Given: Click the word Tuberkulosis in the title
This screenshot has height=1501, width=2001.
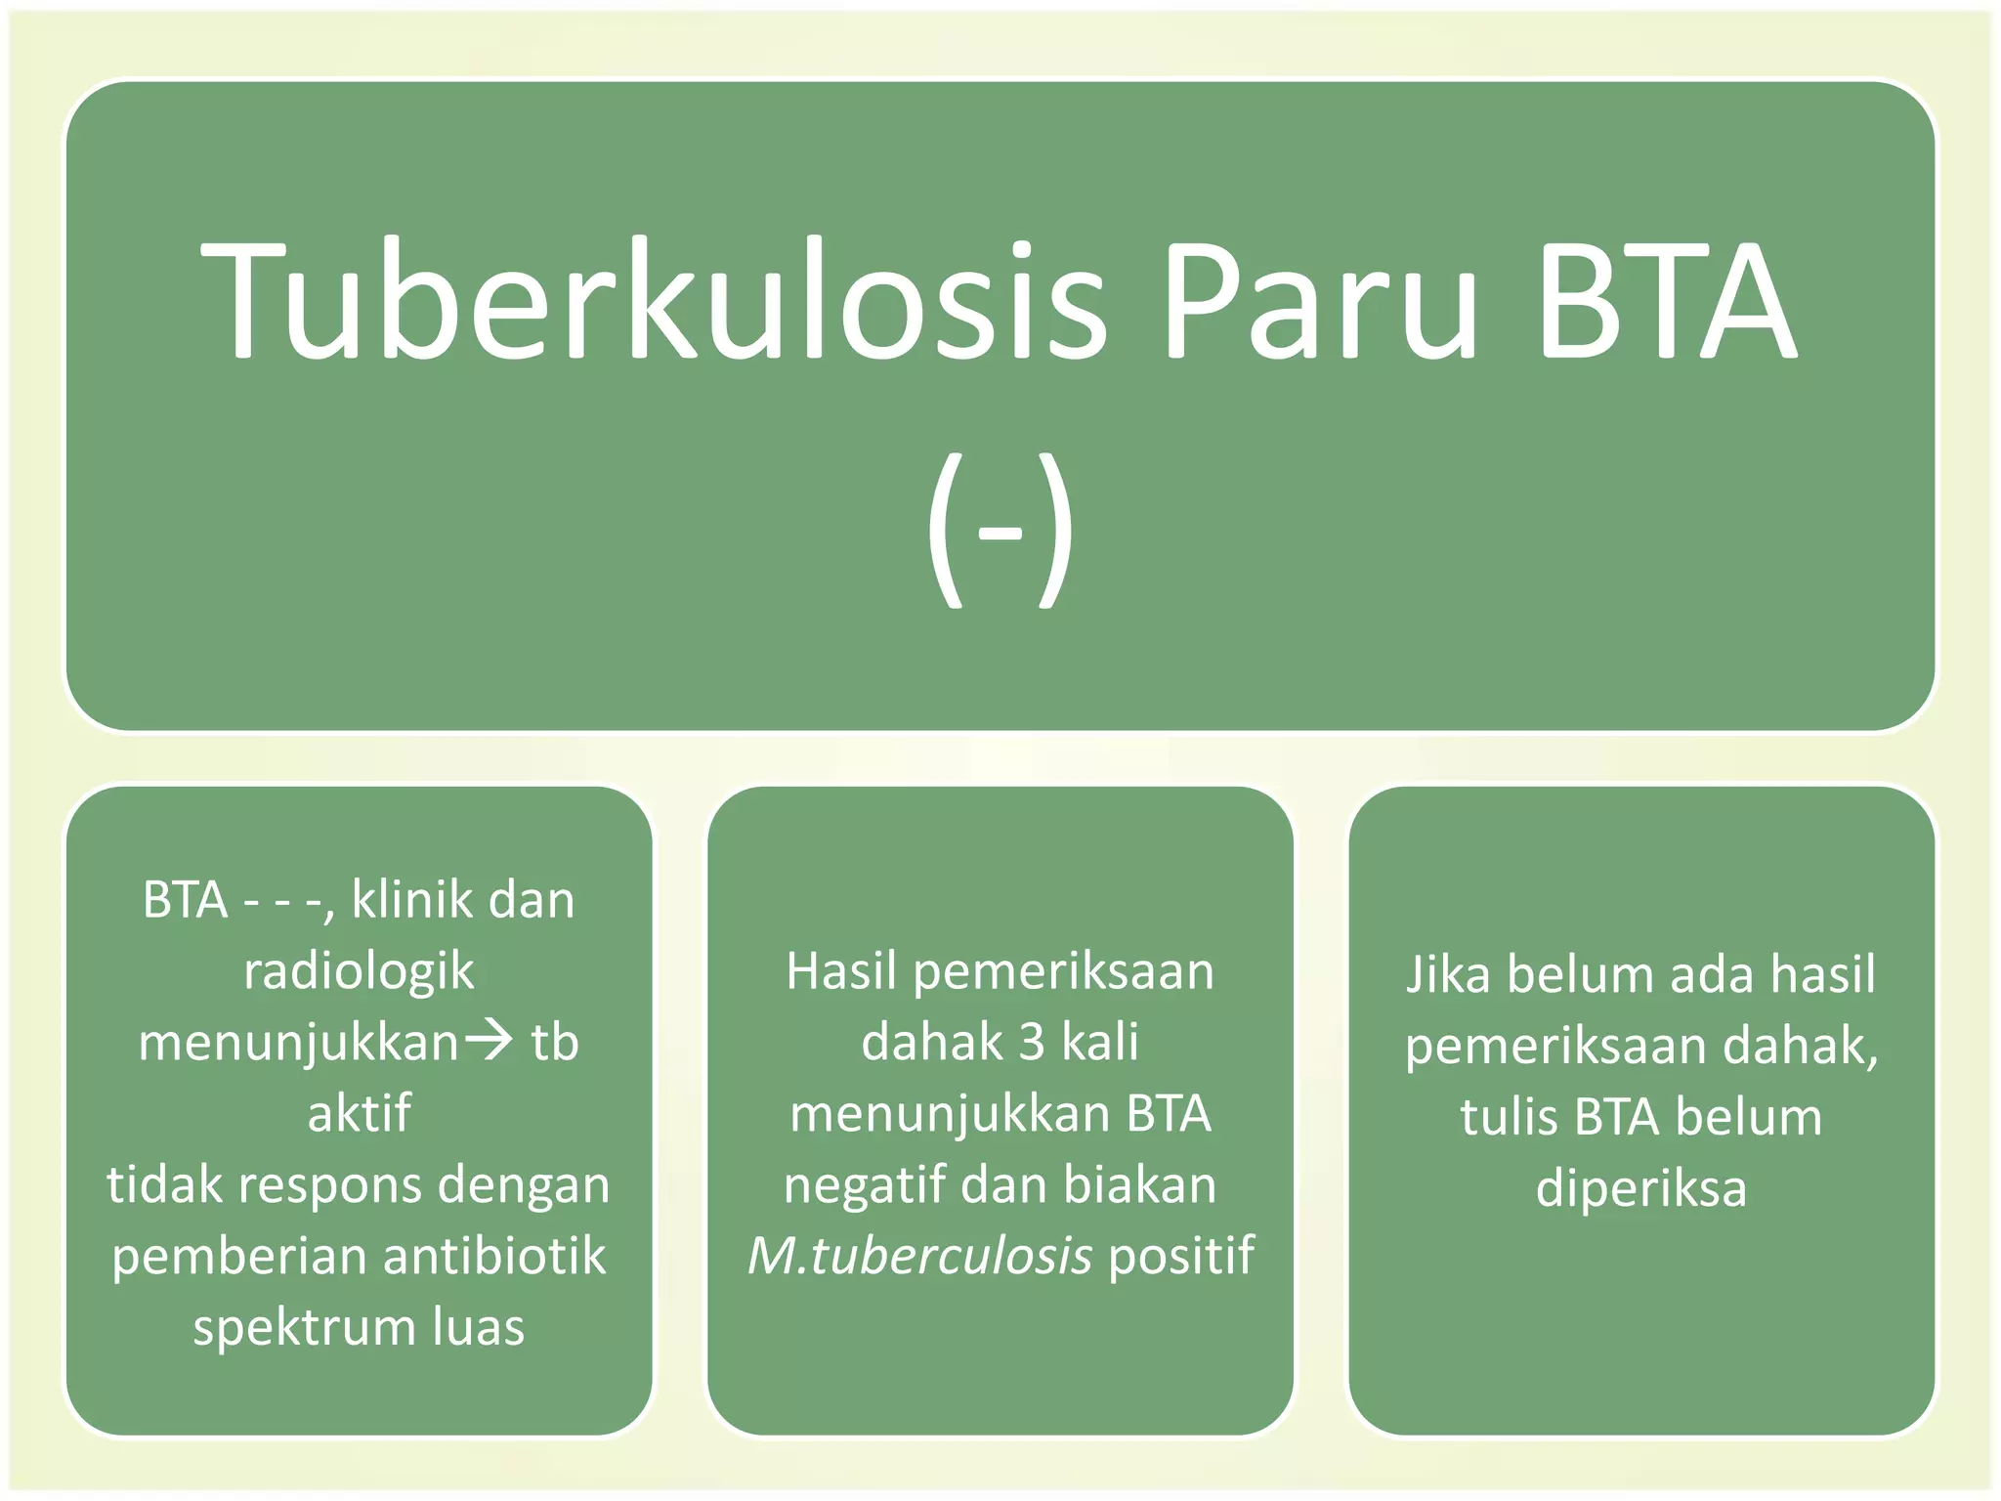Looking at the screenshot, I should [653, 301].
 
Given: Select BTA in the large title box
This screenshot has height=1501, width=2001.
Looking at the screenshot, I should [1665, 301].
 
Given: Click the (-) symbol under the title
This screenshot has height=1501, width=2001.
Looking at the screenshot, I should [1000, 531].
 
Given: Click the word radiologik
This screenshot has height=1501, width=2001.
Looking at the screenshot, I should [359, 971].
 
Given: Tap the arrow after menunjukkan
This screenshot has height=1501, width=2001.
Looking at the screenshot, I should [488, 1040].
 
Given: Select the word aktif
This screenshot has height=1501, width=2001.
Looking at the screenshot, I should [359, 1113].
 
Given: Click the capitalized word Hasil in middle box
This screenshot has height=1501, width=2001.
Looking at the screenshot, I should [841, 971].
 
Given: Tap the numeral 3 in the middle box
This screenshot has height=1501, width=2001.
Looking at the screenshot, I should [1032, 1042].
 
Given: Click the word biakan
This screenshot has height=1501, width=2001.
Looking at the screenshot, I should [1139, 1185].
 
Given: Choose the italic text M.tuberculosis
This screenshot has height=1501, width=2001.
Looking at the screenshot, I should [919, 1256].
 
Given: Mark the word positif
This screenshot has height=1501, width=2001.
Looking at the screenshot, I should [1181, 1256].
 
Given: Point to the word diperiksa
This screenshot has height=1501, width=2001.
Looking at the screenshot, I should [1640, 1189].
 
